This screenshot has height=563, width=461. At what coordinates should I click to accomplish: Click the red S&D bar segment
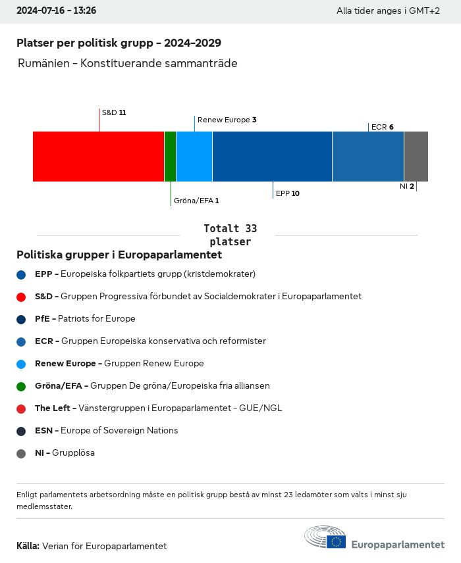coord(98,157)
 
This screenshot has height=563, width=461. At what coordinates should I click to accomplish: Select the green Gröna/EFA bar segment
coord(170,157)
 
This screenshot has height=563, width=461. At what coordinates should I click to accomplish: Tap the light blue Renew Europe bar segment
coord(194,157)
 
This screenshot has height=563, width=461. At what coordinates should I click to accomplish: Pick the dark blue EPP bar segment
coord(272,157)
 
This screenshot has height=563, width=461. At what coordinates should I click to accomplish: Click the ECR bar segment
coord(368,157)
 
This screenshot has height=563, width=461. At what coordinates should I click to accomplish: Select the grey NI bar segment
coord(416,157)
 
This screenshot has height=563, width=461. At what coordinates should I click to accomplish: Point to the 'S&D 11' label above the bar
coord(114,112)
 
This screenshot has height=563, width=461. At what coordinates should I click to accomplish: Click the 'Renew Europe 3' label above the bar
coord(227,120)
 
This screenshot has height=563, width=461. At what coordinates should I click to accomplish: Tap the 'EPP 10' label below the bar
coord(288,193)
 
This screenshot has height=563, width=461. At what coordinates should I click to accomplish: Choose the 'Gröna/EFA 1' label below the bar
coord(196,201)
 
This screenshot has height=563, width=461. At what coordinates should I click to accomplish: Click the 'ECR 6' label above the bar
coord(382,127)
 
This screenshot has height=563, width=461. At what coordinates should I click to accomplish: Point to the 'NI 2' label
coord(406,187)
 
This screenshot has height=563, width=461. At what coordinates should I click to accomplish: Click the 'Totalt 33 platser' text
coord(230,235)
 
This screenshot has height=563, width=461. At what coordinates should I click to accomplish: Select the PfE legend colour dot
coord(22,319)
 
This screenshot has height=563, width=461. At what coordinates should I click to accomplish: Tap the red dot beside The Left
coord(22,408)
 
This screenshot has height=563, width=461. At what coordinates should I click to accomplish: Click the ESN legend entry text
coord(106,431)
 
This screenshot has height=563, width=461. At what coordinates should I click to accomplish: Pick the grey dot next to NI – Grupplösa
coord(22,453)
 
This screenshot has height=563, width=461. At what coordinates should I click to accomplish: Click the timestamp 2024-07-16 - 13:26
coord(56,11)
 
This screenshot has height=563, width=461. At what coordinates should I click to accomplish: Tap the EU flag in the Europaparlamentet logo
coord(336,541)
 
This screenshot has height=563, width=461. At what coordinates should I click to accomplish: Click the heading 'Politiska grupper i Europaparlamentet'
coord(119,255)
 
